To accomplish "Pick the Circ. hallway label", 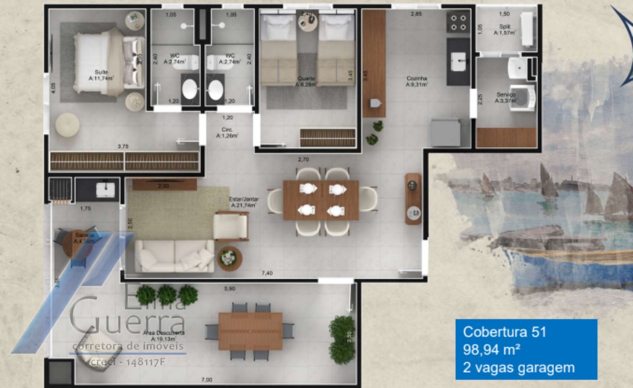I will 228,132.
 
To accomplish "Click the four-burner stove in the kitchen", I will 458,22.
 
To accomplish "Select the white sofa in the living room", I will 175,256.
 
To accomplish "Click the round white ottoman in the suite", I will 68,125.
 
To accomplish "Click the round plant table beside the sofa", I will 229,258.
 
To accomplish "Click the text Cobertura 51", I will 504,332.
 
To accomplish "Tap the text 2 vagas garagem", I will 519,367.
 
